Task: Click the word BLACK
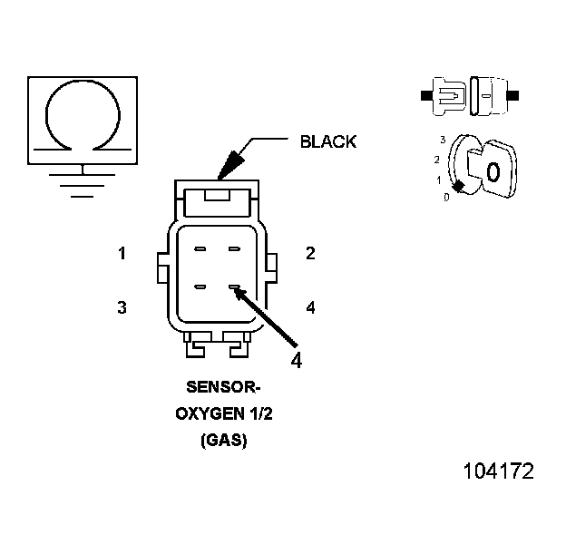tap(327, 141)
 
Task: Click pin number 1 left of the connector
tap(122, 254)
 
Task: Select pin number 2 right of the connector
tap(310, 254)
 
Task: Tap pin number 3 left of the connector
tap(122, 307)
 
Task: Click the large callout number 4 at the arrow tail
tap(296, 359)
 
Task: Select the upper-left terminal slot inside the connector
tap(200, 248)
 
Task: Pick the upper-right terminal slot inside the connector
tap(234, 248)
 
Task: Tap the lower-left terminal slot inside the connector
tap(200, 288)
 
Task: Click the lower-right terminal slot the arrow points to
tap(234, 288)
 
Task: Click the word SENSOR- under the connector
tap(223, 387)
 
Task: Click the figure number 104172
tap(498, 471)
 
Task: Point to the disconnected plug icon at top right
tap(470, 94)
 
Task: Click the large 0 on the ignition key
tap(493, 171)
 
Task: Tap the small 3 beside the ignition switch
tap(442, 140)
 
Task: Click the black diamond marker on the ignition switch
tap(459, 186)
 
